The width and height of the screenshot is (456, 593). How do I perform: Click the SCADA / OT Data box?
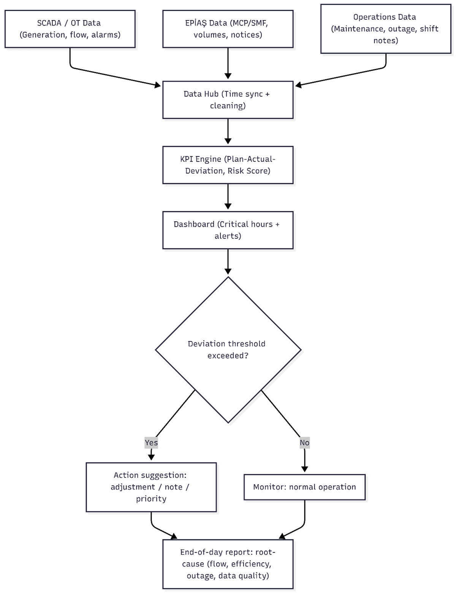coord(70,29)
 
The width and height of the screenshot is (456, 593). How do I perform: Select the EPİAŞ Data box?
coord(228,29)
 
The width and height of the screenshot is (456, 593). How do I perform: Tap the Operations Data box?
coord(385,29)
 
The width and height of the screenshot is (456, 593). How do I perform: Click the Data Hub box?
coord(228,100)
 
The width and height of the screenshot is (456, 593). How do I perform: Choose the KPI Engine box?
coord(228,165)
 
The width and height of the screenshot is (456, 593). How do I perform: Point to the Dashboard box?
coord(228,230)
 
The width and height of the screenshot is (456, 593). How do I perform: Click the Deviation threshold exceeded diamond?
coord(228,350)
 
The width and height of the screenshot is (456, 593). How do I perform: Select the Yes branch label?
coord(151,442)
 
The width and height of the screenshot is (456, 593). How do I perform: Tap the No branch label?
coord(304,442)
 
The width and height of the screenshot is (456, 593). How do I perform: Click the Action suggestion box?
coord(151,487)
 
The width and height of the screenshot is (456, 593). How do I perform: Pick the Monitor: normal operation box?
coord(304,487)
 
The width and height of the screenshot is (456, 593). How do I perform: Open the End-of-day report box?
coord(228,564)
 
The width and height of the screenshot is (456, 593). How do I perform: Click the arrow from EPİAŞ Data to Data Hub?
coord(228,64)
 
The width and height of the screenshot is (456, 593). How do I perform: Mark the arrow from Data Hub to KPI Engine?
coord(228,132)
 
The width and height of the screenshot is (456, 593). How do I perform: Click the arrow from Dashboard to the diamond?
coord(228,262)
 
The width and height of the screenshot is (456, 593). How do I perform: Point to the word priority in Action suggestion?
coord(151,499)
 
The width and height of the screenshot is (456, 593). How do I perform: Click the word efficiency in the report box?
coord(251,564)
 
